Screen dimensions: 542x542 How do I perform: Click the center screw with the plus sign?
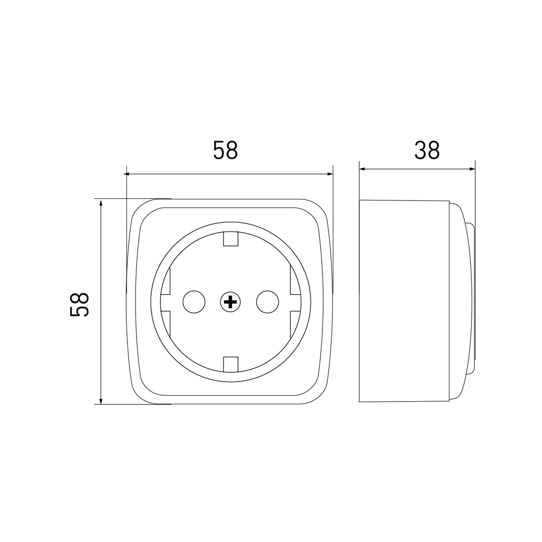point(230,302)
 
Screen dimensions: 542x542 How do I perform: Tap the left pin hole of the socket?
point(194,302)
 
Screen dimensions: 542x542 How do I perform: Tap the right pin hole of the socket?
point(268,302)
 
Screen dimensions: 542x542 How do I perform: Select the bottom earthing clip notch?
point(230,365)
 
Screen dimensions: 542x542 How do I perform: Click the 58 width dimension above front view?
point(225,150)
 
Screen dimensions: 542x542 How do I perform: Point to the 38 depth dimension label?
point(427,150)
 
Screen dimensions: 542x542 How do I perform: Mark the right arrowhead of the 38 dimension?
point(472,169)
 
